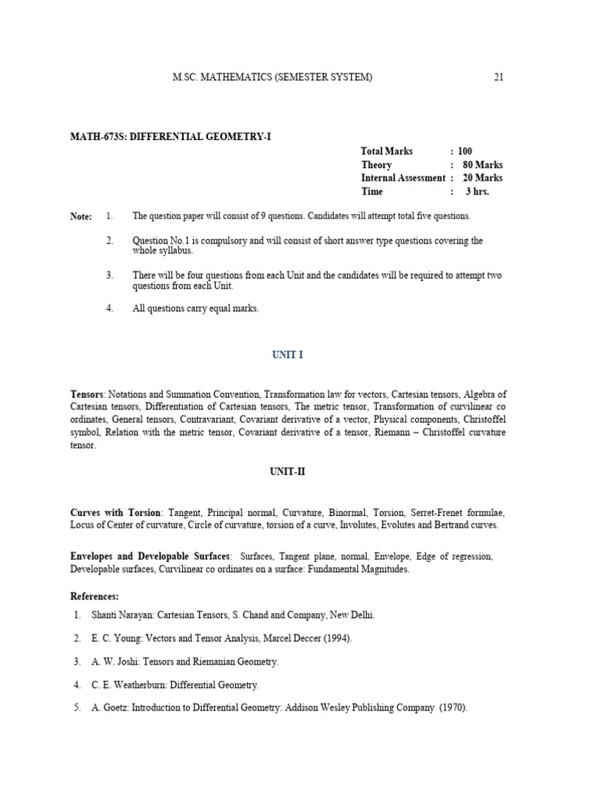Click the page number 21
[x=499, y=77]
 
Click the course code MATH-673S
[x=97, y=136]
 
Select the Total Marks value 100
[x=465, y=151]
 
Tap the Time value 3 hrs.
[x=477, y=191]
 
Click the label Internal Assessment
[x=403, y=177]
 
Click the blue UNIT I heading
[x=287, y=355]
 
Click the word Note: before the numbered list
[x=81, y=216]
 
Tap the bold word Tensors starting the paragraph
[x=87, y=395]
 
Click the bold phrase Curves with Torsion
[x=115, y=513]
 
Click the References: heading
[x=94, y=596]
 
